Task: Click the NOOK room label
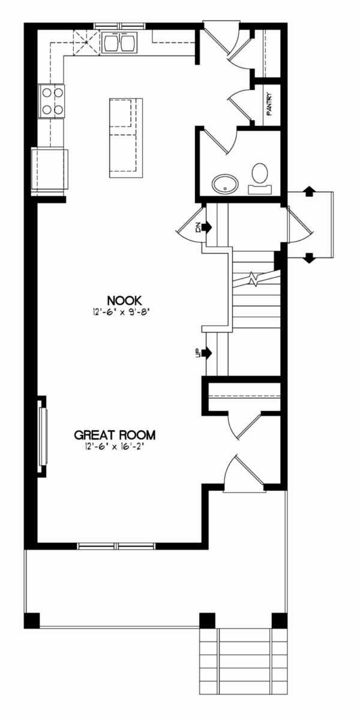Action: click(124, 301)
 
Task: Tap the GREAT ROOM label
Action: click(115, 435)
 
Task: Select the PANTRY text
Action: click(269, 104)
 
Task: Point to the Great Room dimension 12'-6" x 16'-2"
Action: click(115, 446)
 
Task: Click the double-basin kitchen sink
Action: click(119, 43)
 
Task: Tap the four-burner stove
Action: click(51, 101)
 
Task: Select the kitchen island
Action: click(125, 138)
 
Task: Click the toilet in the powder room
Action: click(260, 178)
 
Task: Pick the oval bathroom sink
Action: click(225, 184)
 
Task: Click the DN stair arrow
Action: click(206, 227)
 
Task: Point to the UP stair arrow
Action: click(206, 353)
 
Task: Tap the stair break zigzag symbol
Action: click(254, 280)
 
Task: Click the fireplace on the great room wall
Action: click(43, 436)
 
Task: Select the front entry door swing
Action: click(244, 473)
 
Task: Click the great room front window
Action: click(116, 546)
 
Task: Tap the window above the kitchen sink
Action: click(119, 26)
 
